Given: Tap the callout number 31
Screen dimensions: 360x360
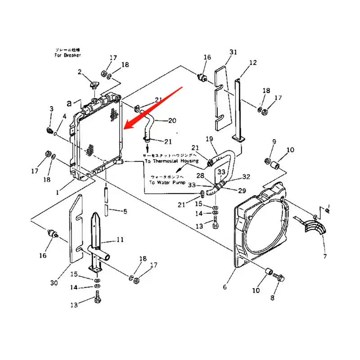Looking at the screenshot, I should click(233, 53).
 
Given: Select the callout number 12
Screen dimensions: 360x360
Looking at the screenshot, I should click(253, 63).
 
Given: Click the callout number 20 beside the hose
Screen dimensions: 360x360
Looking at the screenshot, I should click(172, 121).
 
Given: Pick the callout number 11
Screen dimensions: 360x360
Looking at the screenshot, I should click(120, 240).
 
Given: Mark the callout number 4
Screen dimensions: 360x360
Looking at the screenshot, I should click(64, 116).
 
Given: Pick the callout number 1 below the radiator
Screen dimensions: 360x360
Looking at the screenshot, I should click(57, 192).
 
